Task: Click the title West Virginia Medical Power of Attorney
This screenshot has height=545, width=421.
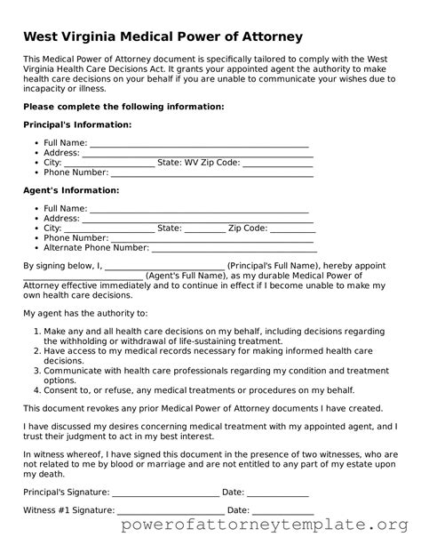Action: coord(163,36)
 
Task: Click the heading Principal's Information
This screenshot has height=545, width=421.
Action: coord(77,124)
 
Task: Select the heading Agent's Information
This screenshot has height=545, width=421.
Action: coord(71,190)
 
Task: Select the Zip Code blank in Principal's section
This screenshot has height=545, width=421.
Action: coord(277,164)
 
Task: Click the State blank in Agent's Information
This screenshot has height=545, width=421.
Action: coord(205,228)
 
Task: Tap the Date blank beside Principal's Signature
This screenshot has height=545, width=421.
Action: coord(277,492)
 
